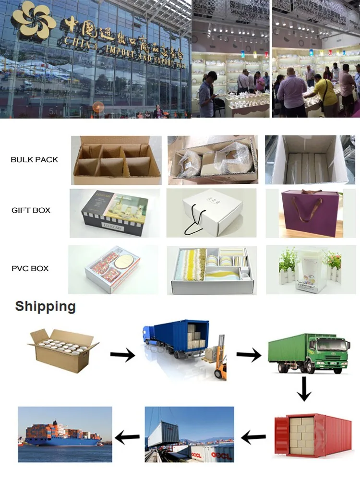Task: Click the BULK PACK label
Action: (34, 159)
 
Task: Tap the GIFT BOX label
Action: (31, 210)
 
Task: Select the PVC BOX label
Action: (30, 268)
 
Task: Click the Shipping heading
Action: (45, 306)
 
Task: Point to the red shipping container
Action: (312, 434)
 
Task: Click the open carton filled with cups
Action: (62, 349)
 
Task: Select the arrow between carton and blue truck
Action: (122, 355)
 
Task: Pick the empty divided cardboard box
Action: (116, 160)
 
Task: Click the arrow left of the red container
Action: (253, 437)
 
